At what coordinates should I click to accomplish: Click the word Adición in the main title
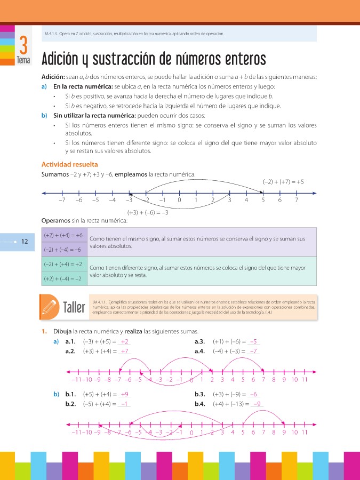(x=63, y=58)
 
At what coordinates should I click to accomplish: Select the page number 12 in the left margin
(x=25, y=242)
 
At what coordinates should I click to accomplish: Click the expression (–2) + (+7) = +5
(x=283, y=182)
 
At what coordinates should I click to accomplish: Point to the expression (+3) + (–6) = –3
(x=148, y=212)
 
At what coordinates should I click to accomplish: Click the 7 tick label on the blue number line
(x=296, y=201)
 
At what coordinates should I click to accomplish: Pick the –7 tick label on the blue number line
(x=62, y=201)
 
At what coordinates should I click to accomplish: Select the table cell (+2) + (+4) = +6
(x=63, y=235)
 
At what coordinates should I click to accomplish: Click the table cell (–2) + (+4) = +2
(x=63, y=264)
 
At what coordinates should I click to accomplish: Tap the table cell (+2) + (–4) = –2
(x=63, y=278)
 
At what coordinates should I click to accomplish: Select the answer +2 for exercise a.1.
(x=124, y=342)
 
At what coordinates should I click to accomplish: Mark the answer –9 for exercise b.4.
(x=257, y=404)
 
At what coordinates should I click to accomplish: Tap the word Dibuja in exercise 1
(x=62, y=331)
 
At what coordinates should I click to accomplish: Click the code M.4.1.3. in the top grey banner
(x=52, y=34)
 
